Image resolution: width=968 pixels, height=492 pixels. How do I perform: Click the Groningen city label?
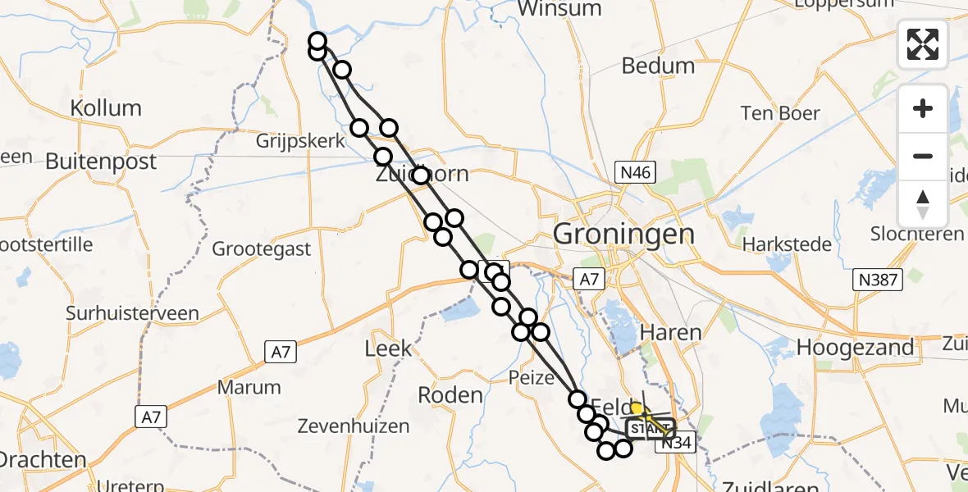(623, 234)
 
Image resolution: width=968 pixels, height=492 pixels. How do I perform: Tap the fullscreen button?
(923, 44)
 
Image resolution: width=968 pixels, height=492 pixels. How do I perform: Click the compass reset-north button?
(923, 204)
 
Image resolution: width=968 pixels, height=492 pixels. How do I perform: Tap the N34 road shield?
(675, 443)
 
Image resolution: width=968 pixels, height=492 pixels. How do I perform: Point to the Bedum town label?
(658, 66)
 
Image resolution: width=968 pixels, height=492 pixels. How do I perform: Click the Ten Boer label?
(780, 113)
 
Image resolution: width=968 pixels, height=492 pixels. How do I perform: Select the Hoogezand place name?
(855, 347)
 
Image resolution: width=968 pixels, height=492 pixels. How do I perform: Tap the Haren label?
(670, 332)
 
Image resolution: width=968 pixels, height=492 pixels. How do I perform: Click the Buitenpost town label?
(101, 162)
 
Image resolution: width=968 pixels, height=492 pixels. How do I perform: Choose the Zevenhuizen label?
(354, 426)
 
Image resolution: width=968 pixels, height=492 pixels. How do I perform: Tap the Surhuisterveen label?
(134, 313)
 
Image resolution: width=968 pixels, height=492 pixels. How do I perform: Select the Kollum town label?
(106, 108)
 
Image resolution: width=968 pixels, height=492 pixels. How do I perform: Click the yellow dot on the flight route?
(636, 408)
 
